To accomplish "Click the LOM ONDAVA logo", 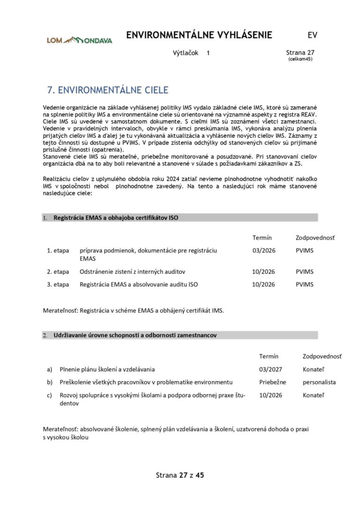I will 79,40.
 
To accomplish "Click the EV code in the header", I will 312,35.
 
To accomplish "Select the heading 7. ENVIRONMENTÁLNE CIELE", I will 107,90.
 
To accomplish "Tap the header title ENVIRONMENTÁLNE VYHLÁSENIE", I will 199,35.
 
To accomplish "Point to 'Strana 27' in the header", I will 300,53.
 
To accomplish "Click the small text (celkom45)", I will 300,59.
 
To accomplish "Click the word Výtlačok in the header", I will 186,53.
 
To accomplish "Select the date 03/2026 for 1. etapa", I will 263,250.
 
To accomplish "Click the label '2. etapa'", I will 58,271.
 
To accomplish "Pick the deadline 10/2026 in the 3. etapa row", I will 263,284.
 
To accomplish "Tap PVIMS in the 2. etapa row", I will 304,271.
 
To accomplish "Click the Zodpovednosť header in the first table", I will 315,238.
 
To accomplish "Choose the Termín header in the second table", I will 269,356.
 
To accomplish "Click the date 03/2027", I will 270,369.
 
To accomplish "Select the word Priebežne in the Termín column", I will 272,382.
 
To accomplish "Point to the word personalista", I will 319,382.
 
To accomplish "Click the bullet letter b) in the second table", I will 49,382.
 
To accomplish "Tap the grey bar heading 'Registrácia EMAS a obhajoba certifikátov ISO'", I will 116,217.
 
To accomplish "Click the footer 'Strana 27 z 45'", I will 180,475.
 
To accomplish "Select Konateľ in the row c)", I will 313,395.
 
